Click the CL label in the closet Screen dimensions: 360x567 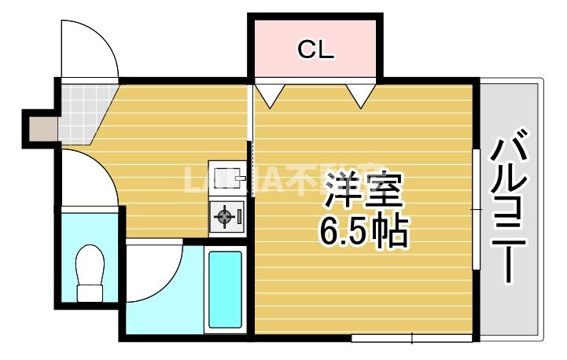(x=315, y=50)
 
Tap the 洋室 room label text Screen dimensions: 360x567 (x=363, y=189)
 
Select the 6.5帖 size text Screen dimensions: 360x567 (x=363, y=230)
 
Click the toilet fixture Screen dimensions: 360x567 (x=91, y=272)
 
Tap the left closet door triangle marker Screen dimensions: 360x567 (x=270, y=94)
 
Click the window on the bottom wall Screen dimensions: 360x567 (x=411, y=339)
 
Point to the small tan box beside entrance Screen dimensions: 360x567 (x=40, y=128)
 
